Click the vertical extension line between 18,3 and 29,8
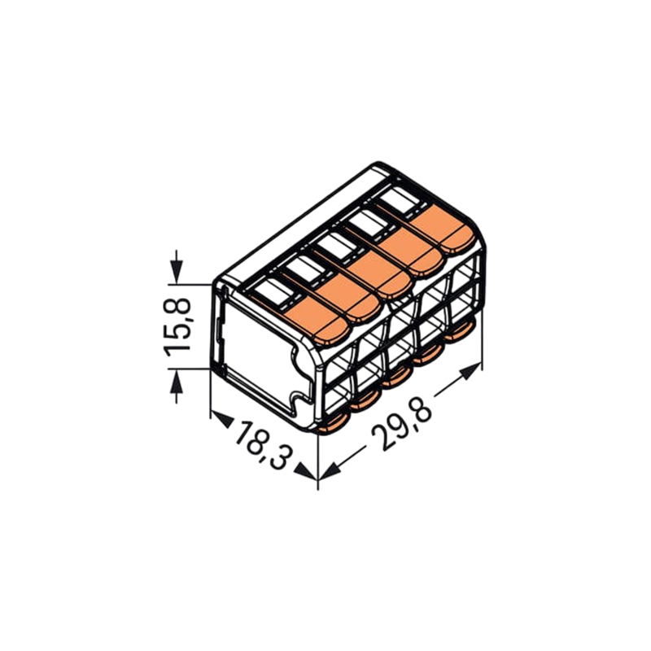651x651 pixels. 317,464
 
